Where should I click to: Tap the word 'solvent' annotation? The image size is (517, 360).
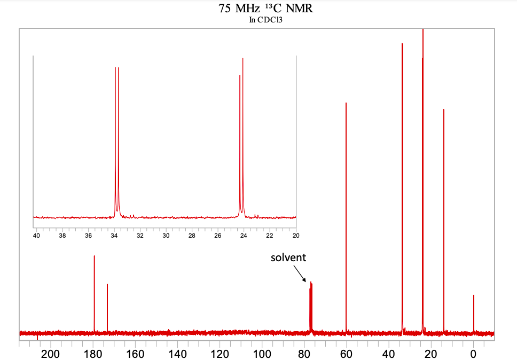(x=288, y=257)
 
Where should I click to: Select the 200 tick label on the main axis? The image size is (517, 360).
(x=51, y=354)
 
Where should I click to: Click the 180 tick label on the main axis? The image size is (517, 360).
(x=93, y=354)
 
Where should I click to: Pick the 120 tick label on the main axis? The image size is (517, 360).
(x=220, y=354)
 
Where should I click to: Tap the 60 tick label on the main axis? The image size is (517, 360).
(x=346, y=354)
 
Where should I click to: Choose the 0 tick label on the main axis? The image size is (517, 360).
(x=473, y=354)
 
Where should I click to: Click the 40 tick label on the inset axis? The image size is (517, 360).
(x=36, y=235)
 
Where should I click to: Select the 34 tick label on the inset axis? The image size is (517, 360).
(x=114, y=235)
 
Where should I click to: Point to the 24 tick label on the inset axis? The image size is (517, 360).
(x=244, y=235)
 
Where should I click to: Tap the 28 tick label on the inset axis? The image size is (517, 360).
(x=192, y=235)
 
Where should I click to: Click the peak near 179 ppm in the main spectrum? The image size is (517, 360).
(x=95, y=294)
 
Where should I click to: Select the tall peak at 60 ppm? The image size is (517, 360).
(x=346, y=214)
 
